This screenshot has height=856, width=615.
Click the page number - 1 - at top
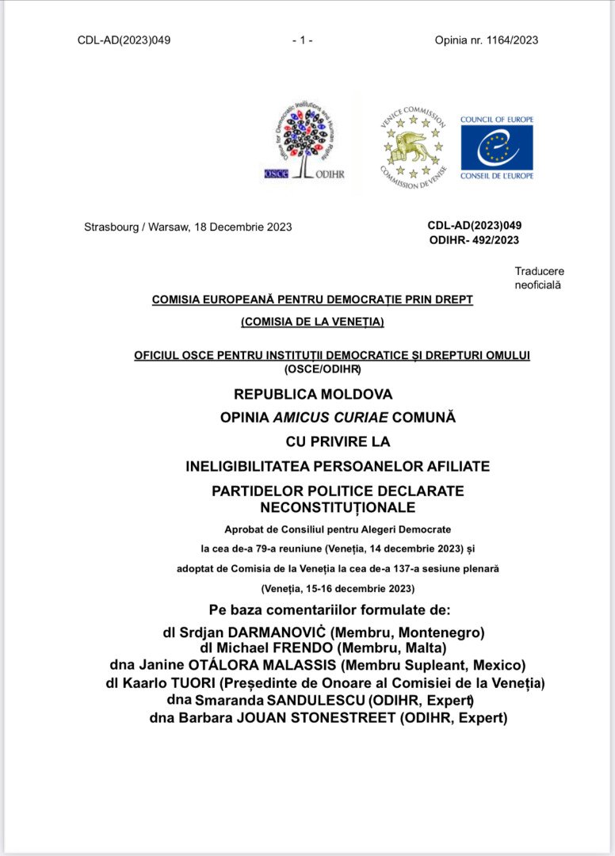click(303, 40)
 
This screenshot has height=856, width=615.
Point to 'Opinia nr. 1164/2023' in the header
click(487, 40)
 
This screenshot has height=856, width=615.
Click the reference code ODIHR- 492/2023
click(474, 240)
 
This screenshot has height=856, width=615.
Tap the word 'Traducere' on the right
click(539, 271)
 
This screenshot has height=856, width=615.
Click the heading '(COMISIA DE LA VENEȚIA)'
click(312, 321)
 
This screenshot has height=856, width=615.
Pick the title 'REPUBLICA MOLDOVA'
click(313, 394)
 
